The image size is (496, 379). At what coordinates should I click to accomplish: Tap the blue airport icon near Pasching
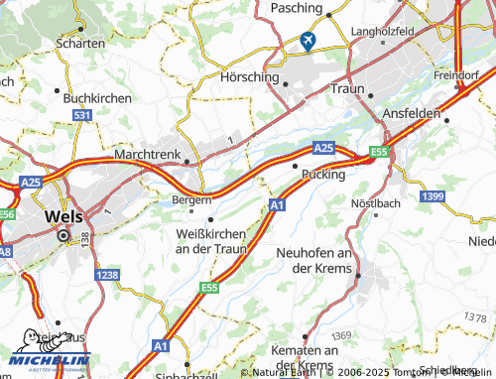pos(307,41)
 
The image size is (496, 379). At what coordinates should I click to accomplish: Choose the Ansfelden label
pos(411,114)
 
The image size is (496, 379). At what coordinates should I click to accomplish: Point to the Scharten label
pos(82,43)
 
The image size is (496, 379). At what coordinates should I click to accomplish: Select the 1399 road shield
pos(433,197)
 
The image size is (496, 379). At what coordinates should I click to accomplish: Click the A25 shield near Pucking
pos(323,147)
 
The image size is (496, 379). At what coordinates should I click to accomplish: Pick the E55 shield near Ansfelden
pos(378,152)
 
